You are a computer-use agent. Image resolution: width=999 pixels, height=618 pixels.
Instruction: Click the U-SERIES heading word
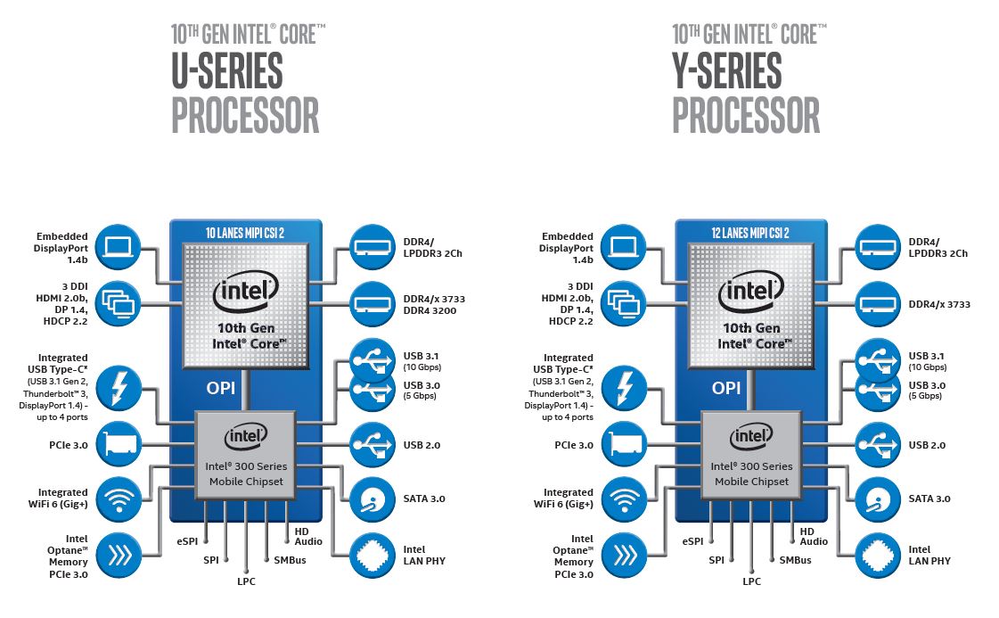pos(226,71)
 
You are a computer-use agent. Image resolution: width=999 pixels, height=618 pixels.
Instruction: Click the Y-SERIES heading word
pos(726,71)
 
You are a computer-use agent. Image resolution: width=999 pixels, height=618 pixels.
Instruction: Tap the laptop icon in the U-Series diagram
pos(118,248)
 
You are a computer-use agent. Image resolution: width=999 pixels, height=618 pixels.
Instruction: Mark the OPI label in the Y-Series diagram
pos(726,388)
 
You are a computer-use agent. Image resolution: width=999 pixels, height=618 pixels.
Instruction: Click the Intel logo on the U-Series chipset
pos(246,436)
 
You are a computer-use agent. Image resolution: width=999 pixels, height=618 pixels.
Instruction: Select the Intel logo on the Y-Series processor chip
pos(751,290)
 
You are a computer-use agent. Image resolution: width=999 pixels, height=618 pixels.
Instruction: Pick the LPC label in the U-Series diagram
pos(247,581)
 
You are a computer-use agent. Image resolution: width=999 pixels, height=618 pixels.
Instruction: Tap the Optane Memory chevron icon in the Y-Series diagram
pos(623,554)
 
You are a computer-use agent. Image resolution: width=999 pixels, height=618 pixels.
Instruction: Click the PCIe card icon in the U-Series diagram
pos(118,444)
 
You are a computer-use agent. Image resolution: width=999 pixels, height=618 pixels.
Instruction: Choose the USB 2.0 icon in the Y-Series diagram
pos(877,444)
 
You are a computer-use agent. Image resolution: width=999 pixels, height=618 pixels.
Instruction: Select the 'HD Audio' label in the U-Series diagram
pos(308,535)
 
